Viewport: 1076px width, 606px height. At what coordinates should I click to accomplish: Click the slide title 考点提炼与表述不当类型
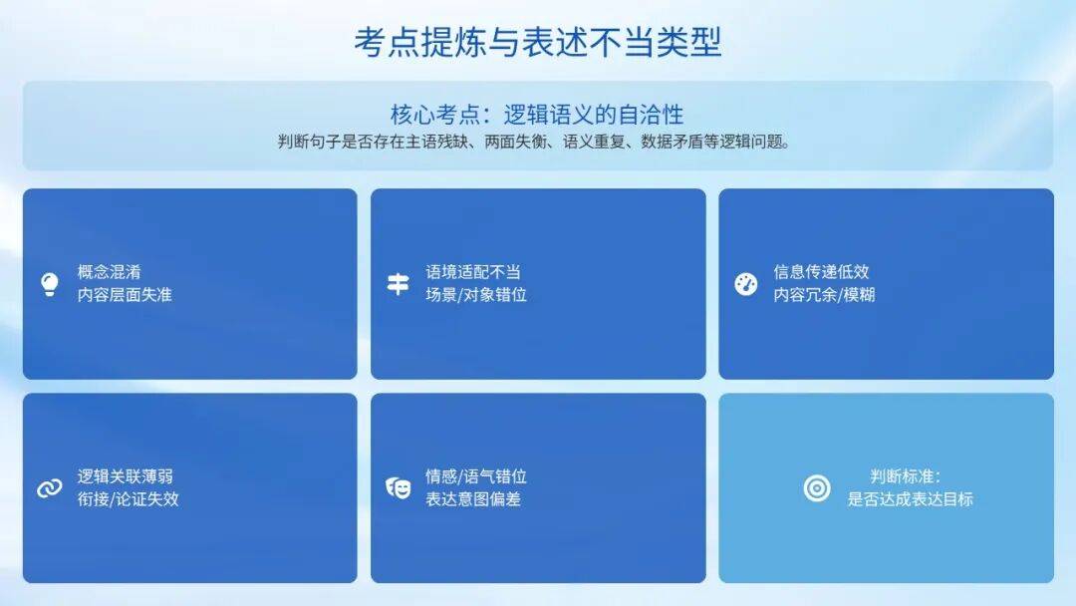(537, 42)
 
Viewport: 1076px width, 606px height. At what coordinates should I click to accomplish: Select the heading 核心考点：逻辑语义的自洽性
(537, 114)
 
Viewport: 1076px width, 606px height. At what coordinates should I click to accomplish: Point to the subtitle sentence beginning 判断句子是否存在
(535, 143)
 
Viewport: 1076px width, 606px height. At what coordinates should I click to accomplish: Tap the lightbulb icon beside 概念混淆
(50, 284)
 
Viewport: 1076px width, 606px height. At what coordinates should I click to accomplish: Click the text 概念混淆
(110, 272)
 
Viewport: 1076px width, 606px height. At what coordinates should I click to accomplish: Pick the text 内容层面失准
(125, 294)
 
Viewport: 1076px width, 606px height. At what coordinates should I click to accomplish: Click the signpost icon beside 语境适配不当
(398, 283)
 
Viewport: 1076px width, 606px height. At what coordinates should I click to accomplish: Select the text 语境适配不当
(473, 272)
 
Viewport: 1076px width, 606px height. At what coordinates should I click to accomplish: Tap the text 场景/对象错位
(476, 294)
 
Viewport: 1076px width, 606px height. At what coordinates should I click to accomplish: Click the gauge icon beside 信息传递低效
(746, 284)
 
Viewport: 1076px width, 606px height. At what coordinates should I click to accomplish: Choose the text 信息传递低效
(821, 272)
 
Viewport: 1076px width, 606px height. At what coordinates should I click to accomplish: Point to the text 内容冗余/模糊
(824, 294)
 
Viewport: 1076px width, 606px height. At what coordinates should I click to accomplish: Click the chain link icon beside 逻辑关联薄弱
(50, 488)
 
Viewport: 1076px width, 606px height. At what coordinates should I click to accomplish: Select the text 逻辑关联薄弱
(125, 476)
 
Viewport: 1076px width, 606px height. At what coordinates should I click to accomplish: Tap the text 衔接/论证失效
(128, 499)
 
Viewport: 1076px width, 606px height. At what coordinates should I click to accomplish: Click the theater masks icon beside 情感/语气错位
(398, 488)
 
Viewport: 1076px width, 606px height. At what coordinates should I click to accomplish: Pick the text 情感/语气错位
(476, 476)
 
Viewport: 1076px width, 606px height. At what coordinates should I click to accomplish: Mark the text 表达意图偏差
(473, 499)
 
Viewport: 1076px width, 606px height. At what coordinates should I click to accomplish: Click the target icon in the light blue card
(817, 488)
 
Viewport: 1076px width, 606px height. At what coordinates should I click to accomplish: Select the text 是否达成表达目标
(910, 499)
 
